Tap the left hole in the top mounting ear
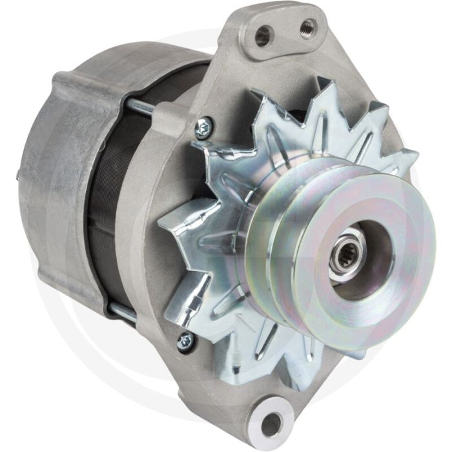[x=262, y=37]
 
